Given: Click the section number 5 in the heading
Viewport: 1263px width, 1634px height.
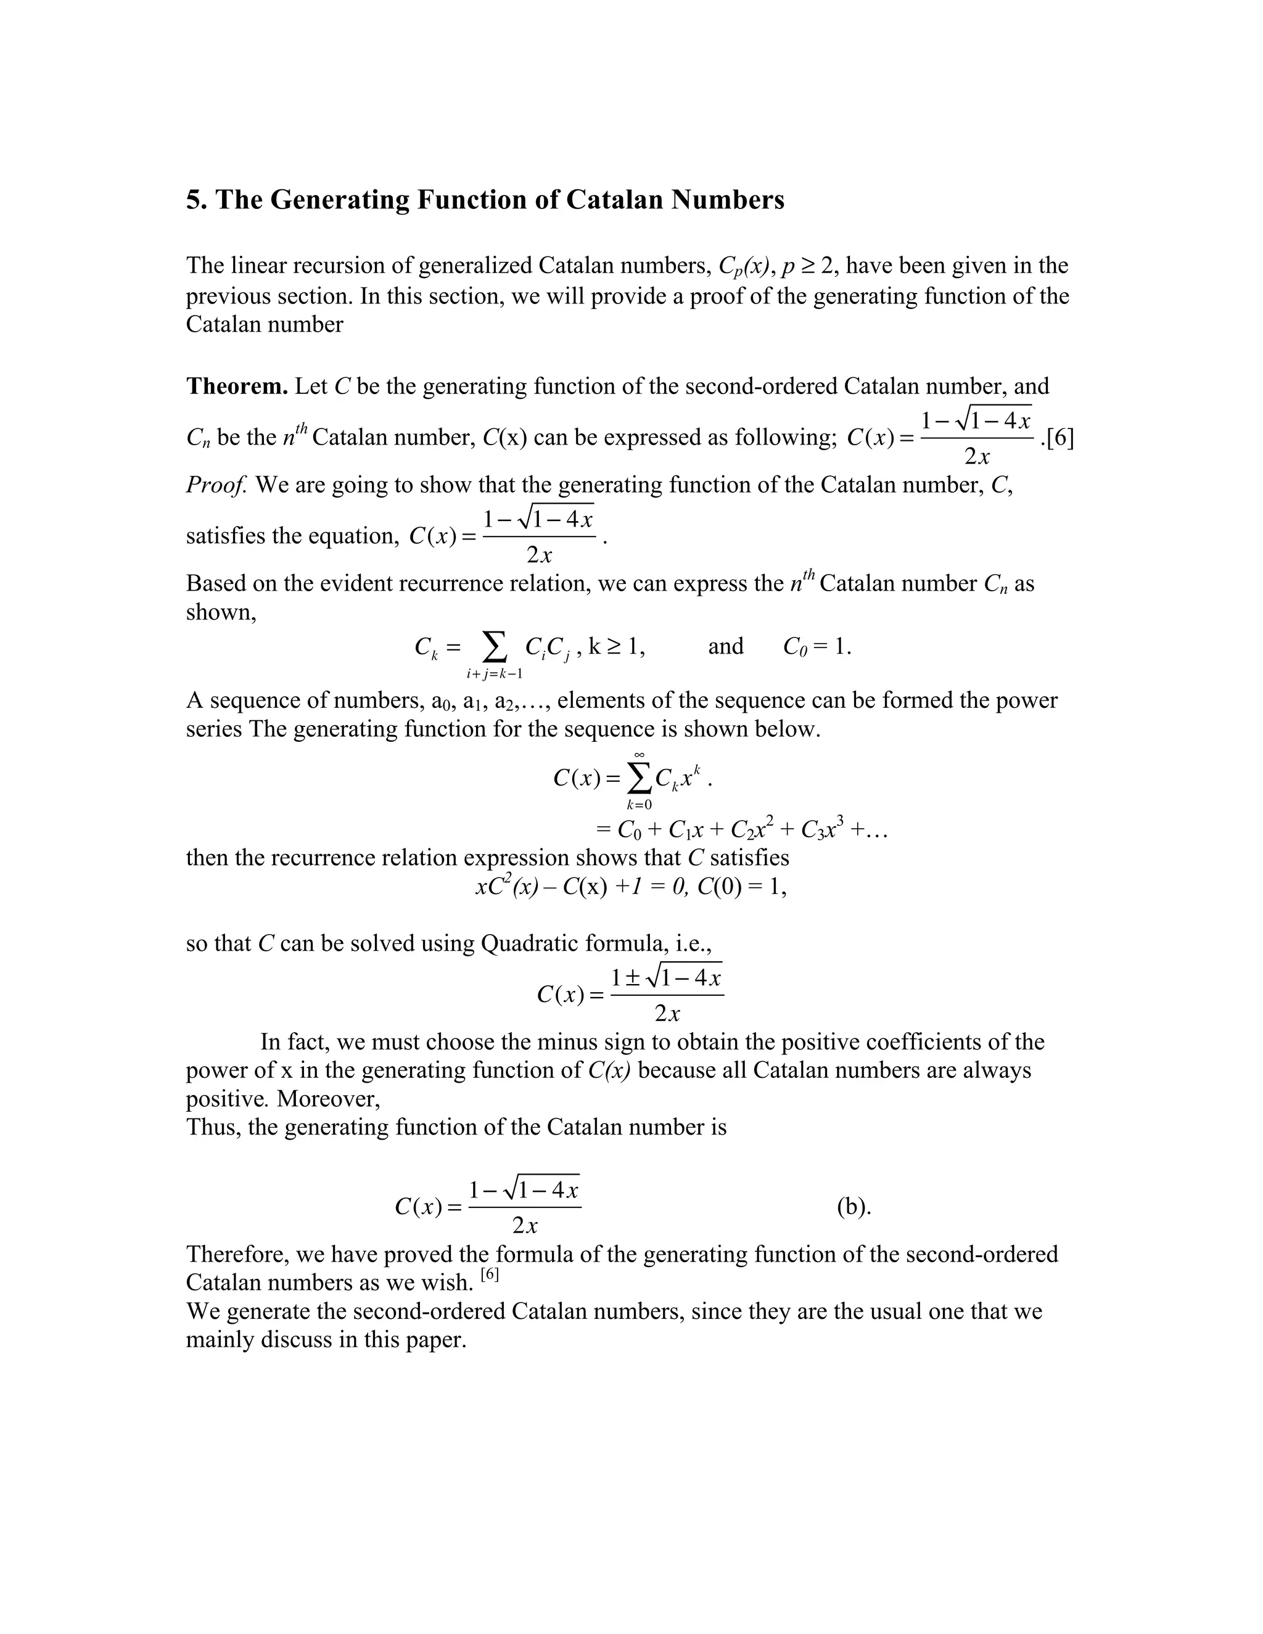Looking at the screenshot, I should coord(193,200).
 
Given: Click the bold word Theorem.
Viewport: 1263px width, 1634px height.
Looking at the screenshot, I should coord(236,386).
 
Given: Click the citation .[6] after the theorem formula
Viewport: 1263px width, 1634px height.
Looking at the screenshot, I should coord(1057,438).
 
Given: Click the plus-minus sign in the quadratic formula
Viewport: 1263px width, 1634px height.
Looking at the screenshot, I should coord(632,979).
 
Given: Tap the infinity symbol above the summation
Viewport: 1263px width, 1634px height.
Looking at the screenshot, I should coord(639,755).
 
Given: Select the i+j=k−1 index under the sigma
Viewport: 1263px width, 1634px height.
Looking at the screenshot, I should coord(494,674).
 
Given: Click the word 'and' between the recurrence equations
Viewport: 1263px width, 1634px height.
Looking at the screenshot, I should coord(725,646).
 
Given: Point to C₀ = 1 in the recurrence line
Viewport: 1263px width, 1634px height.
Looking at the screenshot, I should coord(817,646).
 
